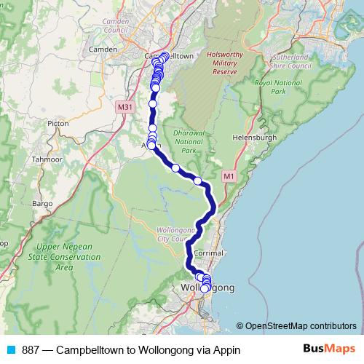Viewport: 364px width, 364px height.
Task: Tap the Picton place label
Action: [58, 124]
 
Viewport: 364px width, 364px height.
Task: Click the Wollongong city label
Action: [207, 288]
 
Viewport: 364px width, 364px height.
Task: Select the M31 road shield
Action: [124, 106]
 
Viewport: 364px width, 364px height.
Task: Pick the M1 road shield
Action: [229, 175]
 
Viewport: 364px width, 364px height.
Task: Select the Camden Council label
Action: [115, 27]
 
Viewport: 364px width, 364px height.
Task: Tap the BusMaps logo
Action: [324, 349]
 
